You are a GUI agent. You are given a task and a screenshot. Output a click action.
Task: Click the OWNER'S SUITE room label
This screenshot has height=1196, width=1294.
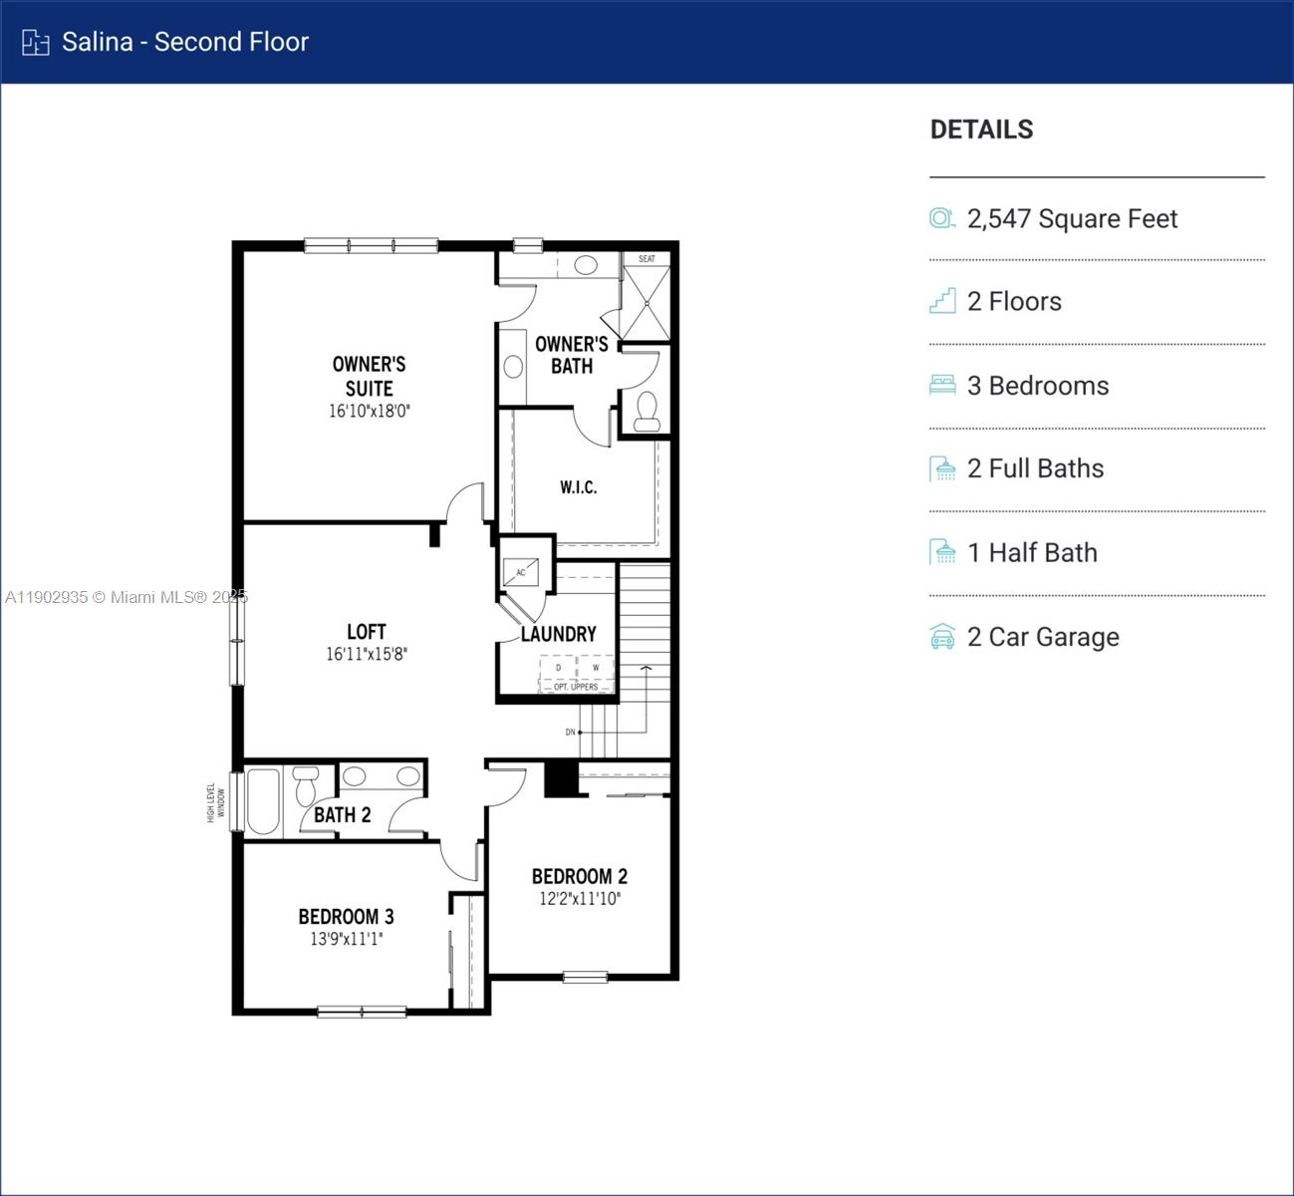369,376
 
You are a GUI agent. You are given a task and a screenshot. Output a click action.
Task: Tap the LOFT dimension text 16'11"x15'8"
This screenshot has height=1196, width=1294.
366,655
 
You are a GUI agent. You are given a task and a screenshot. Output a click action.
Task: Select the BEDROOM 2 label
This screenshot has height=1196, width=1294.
579,876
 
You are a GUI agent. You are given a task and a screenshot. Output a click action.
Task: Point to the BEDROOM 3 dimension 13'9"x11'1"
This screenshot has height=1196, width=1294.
346,939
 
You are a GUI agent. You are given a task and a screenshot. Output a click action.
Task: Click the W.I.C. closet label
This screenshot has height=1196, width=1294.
578,487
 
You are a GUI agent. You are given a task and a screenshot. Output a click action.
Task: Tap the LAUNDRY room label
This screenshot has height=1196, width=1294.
558,634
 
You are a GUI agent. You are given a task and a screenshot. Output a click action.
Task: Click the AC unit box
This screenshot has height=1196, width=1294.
520,572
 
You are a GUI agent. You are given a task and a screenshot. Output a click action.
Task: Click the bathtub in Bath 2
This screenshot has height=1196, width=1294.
263,802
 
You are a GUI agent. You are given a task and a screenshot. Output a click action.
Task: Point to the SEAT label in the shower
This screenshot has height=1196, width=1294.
647,259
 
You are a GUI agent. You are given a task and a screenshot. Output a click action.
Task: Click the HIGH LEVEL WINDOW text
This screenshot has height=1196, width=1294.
216,802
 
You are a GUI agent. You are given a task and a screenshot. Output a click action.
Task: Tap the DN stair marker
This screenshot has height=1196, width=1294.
571,733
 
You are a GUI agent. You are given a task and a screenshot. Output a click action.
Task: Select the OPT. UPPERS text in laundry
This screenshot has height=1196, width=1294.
576,687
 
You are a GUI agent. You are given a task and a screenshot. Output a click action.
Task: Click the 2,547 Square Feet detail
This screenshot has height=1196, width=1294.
1072,219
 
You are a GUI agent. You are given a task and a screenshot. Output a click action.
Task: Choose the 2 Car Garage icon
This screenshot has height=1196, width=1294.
942,637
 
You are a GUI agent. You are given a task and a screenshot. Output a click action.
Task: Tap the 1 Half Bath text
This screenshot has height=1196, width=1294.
1032,553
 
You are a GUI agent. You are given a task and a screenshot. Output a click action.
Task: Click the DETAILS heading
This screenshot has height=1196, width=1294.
981,130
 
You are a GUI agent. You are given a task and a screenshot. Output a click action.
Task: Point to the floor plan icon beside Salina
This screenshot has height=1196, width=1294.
36,42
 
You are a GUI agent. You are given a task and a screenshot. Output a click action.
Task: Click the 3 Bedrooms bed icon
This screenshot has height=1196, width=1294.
942,386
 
